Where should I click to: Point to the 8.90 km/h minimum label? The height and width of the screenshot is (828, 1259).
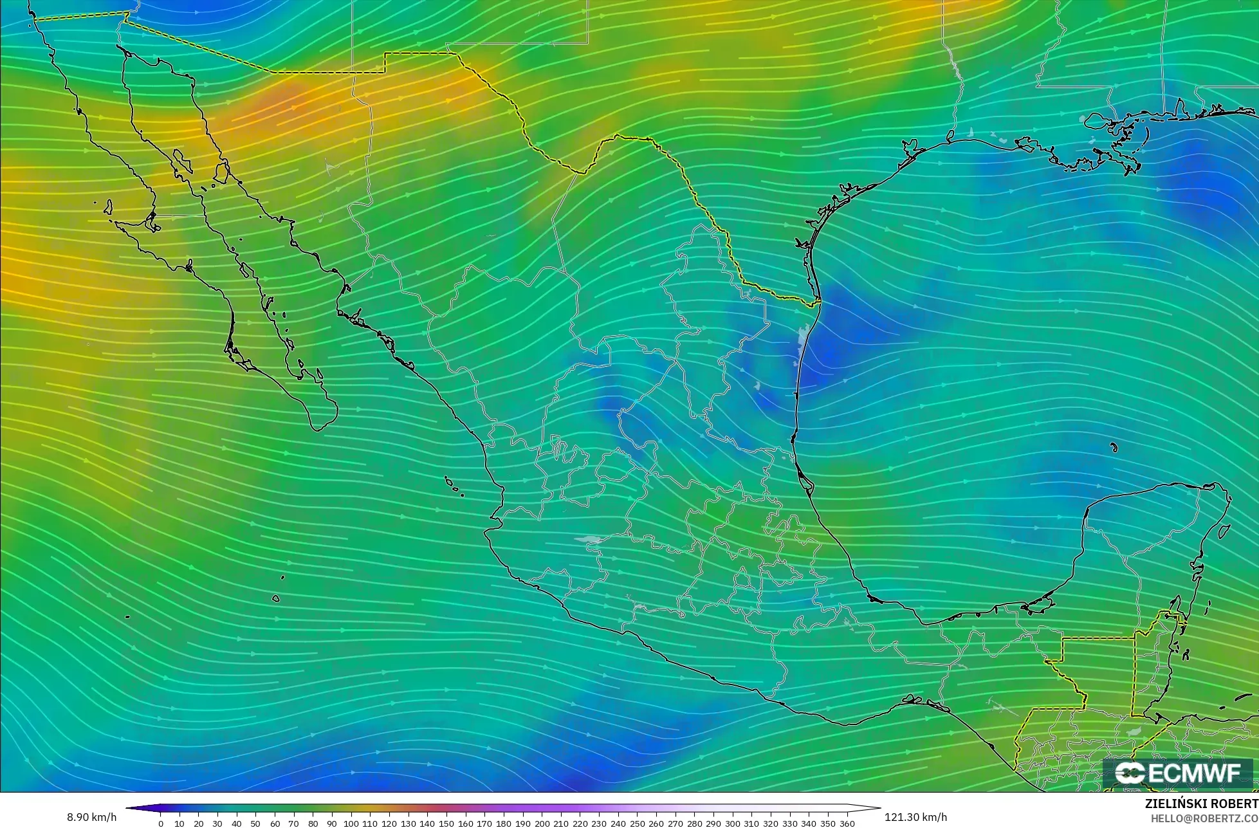[x=92, y=818]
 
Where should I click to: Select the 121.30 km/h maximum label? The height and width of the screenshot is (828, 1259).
[x=915, y=818]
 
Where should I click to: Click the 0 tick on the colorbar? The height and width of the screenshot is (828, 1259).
[x=161, y=823]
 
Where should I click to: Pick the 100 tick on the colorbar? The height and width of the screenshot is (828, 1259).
[x=351, y=823]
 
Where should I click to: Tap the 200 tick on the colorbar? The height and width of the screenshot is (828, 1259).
[x=542, y=823]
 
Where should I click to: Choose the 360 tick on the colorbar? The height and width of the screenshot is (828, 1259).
[x=847, y=823]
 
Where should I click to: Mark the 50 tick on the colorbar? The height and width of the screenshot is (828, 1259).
[x=256, y=823]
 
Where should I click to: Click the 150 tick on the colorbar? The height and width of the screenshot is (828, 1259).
[x=446, y=823]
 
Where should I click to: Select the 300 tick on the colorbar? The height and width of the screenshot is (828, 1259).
[x=733, y=823]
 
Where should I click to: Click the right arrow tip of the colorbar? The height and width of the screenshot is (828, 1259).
[x=879, y=808]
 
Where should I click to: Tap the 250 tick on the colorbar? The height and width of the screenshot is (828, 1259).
[x=638, y=823]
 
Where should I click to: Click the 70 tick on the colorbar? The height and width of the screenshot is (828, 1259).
[x=294, y=823]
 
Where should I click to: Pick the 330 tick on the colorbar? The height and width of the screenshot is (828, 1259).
[x=790, y=823]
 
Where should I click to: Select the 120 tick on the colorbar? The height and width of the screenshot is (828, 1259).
[x=389, y=823]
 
